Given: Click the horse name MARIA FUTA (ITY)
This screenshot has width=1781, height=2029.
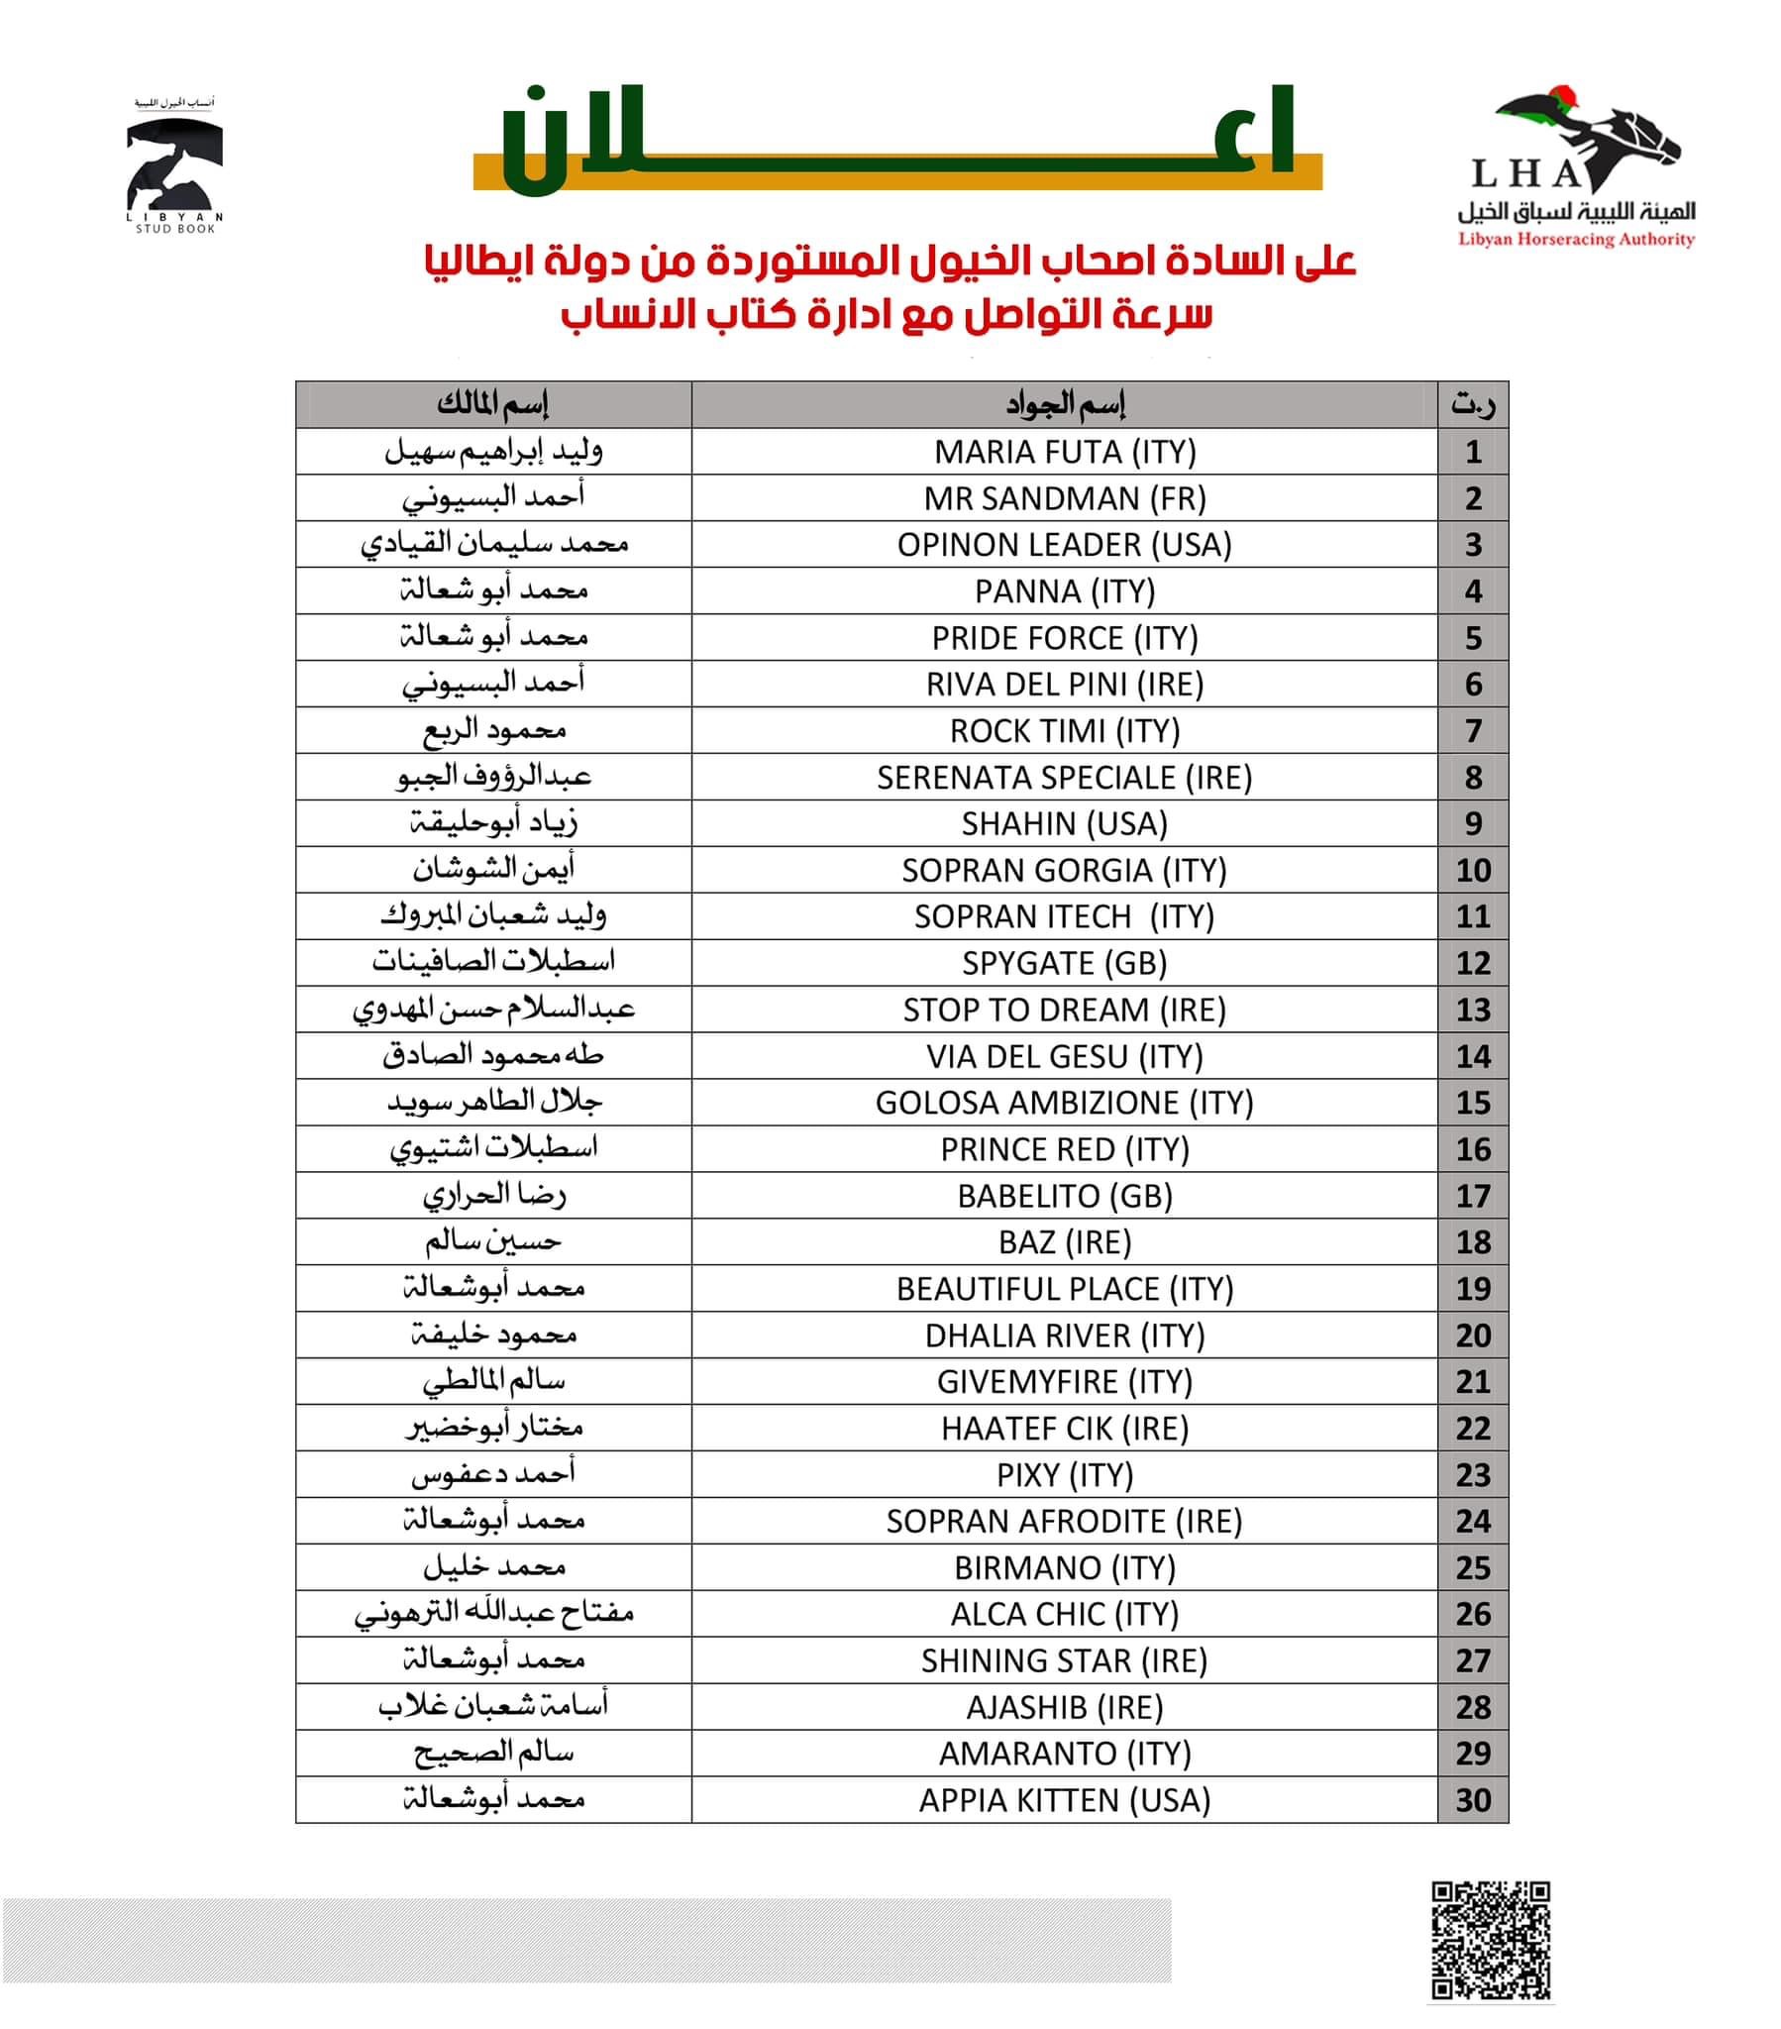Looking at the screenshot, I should (1064, 452).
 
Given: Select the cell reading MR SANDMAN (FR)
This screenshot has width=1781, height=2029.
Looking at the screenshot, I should (1064, 498).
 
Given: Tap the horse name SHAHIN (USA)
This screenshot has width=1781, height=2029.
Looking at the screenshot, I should (1064, 824).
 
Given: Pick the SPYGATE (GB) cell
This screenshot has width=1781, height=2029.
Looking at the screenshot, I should (1064, 963).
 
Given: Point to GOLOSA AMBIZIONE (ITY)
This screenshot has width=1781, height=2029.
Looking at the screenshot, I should (1064, 1103).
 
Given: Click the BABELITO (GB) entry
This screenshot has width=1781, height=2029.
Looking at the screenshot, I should (1064, 1196).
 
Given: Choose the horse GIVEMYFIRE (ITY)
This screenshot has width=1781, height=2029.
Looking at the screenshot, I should (1064, 1382).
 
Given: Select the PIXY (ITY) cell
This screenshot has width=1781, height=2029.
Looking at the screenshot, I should (1064, 1475).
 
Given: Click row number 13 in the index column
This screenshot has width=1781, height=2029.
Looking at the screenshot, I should (1472, 1010).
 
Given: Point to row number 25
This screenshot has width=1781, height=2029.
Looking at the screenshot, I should (1472, 1567).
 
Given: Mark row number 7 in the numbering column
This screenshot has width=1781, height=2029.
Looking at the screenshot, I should (1472, 730).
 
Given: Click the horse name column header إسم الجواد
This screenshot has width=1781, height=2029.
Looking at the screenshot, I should (1064, 404).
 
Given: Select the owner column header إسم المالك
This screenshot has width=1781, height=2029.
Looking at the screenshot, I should (492, 404).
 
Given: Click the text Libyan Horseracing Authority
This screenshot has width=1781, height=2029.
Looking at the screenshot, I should (1576, 239).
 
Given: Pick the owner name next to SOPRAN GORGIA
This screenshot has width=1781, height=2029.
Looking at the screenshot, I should (492, 870).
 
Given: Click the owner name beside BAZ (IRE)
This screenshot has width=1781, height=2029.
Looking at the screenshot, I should (492, 1241).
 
